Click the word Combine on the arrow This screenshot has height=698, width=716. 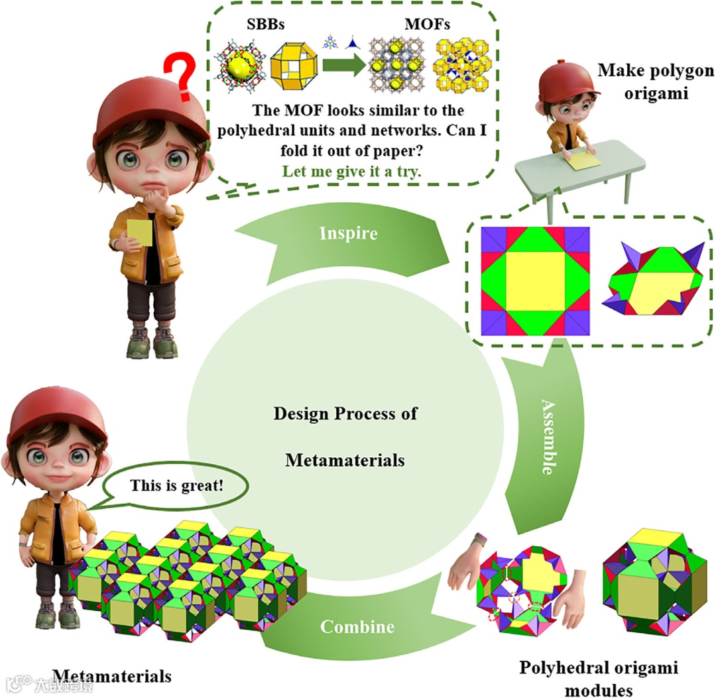click(x=357, y=626)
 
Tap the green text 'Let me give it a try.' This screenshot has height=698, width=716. click(x=352, y=171)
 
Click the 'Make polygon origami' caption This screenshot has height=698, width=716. click(x=646, y=82)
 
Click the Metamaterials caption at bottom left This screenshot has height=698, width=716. click(x=111, y=676)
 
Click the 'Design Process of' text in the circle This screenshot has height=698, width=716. click(x=345, y=414)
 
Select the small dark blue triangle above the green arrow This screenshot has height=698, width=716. click(x=354, y=43)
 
